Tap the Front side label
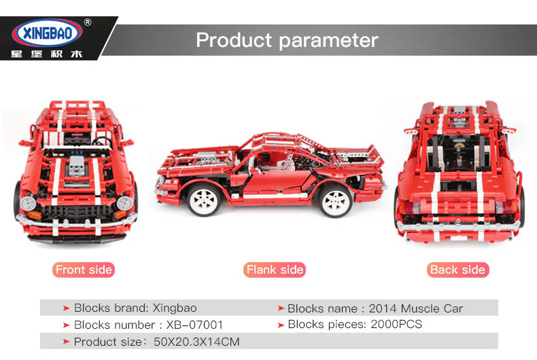coord(84,270)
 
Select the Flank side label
coord(275,270)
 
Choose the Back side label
coord(457,270)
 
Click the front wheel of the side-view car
coord(203,198)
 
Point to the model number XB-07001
coord(194,325)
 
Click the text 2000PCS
coord(396,324)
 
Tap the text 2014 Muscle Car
coord(415,308)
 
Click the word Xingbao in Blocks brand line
coord(175,308)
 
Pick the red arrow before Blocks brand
coord(66,308)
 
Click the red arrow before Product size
coord(66,342)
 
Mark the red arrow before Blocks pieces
coord(281,325)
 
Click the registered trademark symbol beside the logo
coord(87,22)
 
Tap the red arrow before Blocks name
coord(281,308)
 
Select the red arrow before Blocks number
coord(66,325)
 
